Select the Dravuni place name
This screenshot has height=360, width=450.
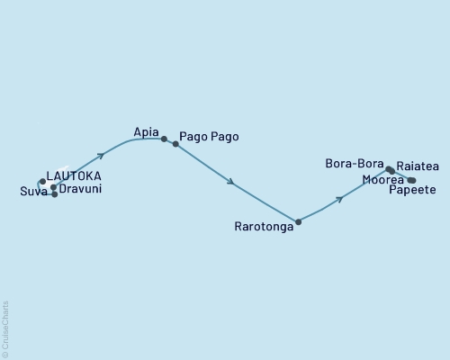click(x=80, y=191)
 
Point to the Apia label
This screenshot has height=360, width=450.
click(x=146, y=131)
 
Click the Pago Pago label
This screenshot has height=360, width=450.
click(x=209, y=137)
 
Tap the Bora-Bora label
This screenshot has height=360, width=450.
click(x=355, y=164)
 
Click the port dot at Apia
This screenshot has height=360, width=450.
click(x=164, y=139)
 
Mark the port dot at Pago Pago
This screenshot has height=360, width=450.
click(x=175, y=143)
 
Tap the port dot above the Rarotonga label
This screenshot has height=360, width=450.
click(x=298, y=221)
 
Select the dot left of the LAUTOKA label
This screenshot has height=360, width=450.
click(x=42, y=181)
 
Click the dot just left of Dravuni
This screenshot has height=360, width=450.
click(x=54, y=187)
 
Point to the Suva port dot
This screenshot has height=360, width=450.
click(x=55, y=194)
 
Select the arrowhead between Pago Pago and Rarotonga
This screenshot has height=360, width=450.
click(x=232, y=183)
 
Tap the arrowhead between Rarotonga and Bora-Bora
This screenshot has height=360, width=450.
click(x=339, y=199)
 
